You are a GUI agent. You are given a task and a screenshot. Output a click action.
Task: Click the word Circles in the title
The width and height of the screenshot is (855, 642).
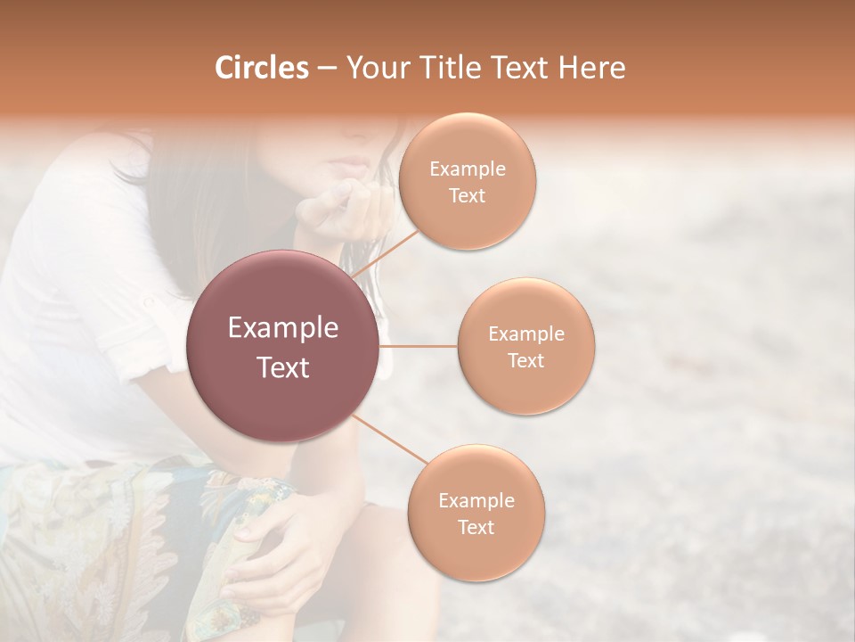click(x=261, y=68)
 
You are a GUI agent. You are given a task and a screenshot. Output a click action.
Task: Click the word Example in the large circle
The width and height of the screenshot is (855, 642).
click(x=283, y=328)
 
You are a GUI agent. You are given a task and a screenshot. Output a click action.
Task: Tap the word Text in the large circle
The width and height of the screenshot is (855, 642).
click(x=283, y=367)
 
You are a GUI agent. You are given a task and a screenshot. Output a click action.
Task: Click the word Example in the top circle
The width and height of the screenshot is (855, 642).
click(x=467, y=169)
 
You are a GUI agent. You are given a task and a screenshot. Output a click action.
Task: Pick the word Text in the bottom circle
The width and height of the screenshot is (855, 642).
click(x=476, y=527)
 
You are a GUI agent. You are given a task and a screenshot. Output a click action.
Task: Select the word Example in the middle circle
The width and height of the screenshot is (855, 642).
click(x=525, y=334)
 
